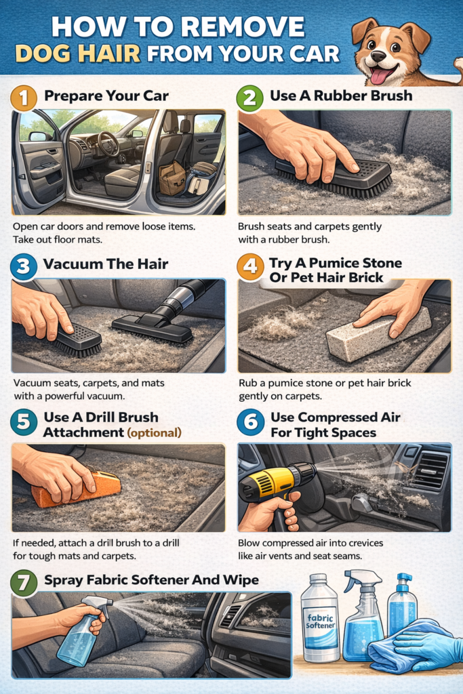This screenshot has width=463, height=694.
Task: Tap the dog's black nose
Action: [x=378, y=56]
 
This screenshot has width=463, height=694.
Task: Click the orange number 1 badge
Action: [x=24, y=98]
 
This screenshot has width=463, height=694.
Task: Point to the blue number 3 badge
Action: [x=24, y=266]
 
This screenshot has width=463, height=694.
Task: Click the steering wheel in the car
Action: [x=108, y=144]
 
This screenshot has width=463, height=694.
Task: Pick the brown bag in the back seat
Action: [x=173, y=178]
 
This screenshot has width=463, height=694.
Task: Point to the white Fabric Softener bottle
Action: [x=319, y=617]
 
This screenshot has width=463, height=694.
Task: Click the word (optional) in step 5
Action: [x=154, y=432]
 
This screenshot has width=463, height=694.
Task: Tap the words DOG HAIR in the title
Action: [x=78, y=54]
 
